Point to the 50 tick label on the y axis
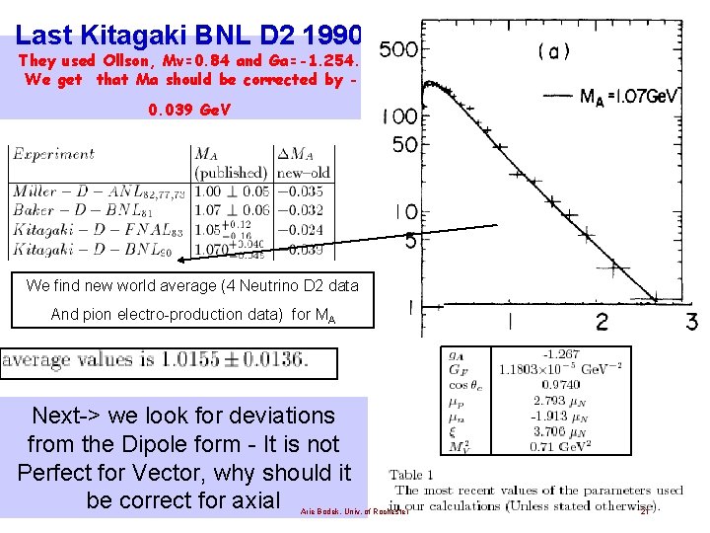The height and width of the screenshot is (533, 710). click(x=404, y=146)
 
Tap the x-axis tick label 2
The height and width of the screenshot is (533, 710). click(x=602, y=321)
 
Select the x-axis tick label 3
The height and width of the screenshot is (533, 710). click(x=691, y=321)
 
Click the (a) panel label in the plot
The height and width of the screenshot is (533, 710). click(x=553, y=51)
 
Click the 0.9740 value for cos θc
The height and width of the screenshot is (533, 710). click(x=566, y=386)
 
